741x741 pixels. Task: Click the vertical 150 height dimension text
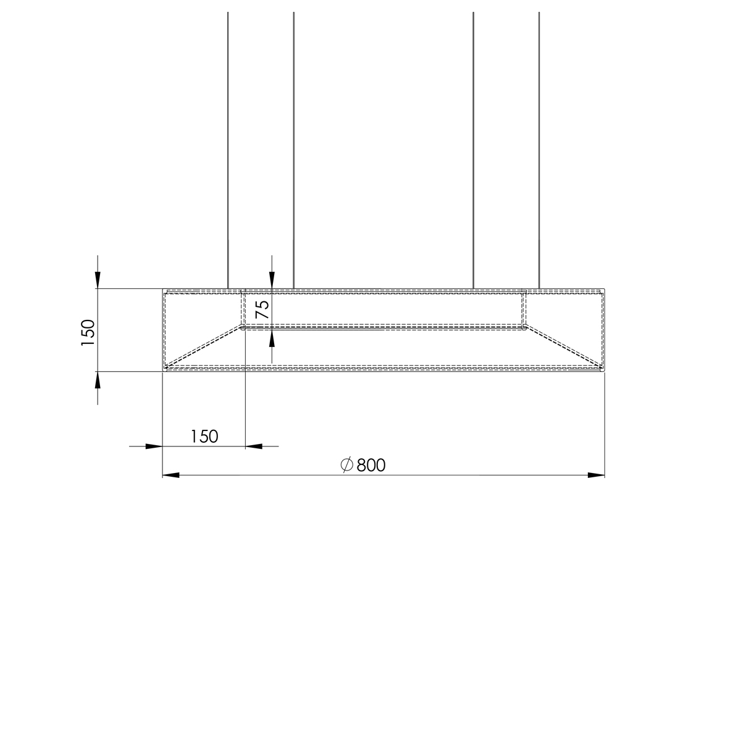pos(88,333)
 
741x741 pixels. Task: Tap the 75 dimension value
pos(262,309)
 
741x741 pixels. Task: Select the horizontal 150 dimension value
pos(204,437)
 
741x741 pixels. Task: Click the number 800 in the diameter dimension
pos(371,466)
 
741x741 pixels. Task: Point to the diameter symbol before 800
pos(347,464)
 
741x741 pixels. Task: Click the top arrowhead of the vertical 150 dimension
pos(98,280)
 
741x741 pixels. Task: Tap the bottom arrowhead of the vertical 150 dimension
pos(98,380)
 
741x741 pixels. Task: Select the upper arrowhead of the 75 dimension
pos(272,280)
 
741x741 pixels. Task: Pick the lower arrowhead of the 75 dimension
pos(272,338)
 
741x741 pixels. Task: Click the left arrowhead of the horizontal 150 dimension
pos(154,446)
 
